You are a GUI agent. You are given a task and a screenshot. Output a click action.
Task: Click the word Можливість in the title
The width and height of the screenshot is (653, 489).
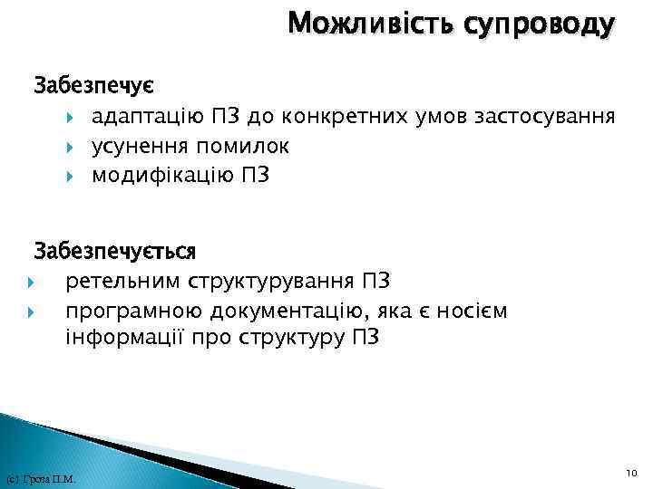[370, 24]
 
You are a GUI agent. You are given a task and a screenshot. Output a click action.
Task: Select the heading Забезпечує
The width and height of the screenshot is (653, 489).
[93, 87]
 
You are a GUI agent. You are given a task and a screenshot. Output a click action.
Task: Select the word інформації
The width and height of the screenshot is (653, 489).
[117, 340]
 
